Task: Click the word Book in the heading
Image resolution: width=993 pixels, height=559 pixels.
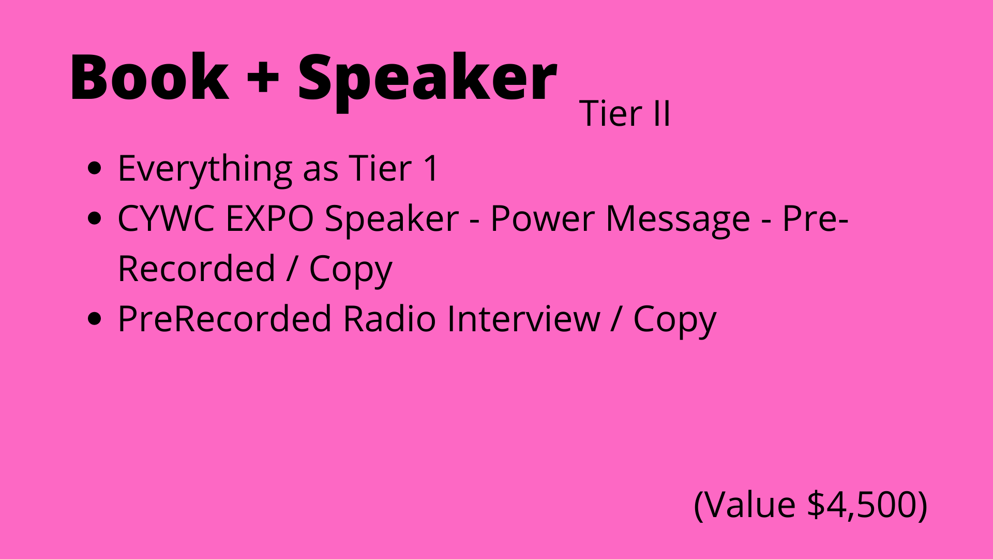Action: point(149,77)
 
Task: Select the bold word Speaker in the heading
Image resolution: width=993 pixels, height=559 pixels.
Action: point(427,80)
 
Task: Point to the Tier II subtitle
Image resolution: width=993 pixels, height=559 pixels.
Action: point(625,113)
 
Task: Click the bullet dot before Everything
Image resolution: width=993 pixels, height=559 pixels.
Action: point(95,169)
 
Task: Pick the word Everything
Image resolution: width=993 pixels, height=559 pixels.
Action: point(205,169)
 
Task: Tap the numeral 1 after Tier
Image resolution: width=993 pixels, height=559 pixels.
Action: point(431,168)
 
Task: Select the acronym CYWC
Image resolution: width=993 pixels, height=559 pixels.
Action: point(165,218)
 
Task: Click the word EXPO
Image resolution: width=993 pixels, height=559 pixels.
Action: point(269,218)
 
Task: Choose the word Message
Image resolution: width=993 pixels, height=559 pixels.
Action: point(678,220)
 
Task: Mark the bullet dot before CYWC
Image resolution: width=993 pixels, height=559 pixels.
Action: point(95,218)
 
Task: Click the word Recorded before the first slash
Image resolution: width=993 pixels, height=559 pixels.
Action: point(197,268)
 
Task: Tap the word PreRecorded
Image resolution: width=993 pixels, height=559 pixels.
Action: point(224,318)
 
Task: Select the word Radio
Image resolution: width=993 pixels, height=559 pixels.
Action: point(389,318)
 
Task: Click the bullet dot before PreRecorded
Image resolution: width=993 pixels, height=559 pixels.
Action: point(95,319)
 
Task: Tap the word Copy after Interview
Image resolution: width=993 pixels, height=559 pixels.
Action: point(674,321)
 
